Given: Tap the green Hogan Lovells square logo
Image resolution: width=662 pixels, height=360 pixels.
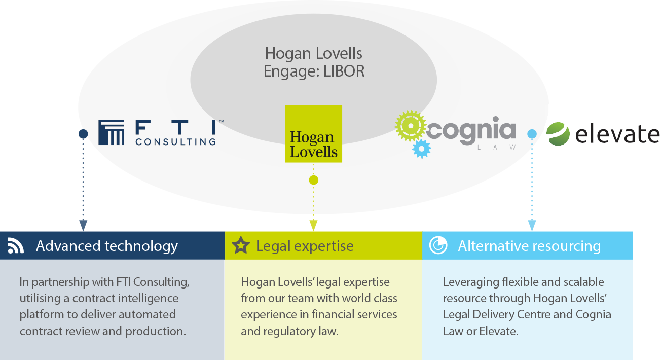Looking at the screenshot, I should pos(313,134).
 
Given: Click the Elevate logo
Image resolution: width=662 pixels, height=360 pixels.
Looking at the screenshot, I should pos(602,134).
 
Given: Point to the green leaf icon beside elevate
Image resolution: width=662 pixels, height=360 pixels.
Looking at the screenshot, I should pos(558,134).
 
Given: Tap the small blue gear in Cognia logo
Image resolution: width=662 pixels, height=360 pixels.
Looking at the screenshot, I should pos(421,149).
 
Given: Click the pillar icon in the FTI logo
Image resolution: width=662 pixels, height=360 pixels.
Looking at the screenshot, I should pos(111,133).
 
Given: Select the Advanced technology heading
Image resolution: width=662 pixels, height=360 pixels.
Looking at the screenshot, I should pos(107,246).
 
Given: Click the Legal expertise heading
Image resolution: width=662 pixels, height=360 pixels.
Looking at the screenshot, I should pos(305,246).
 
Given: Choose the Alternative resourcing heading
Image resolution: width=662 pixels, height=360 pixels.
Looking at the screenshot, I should pos(529,246).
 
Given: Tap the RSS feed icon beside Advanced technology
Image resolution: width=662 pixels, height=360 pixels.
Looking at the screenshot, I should pos(16,246).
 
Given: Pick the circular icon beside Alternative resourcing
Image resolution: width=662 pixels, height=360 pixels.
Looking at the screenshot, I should pos(438,246).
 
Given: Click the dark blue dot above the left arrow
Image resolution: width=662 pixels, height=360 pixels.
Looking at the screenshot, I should pos(83,134).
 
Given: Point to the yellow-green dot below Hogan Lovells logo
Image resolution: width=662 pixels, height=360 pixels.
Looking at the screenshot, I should pos(313,180).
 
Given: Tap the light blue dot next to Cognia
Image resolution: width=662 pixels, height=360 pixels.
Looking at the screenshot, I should pos(532,134).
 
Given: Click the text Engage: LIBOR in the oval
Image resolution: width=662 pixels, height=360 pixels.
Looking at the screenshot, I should pos(314,71).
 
